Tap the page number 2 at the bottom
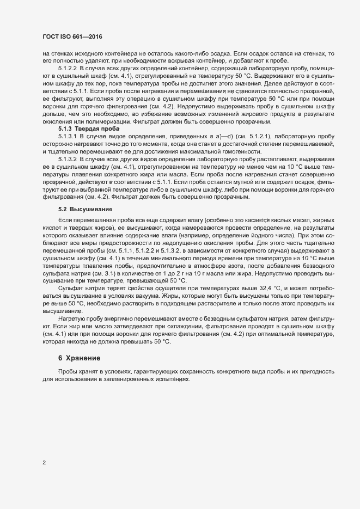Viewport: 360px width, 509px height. pos(44,464)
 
